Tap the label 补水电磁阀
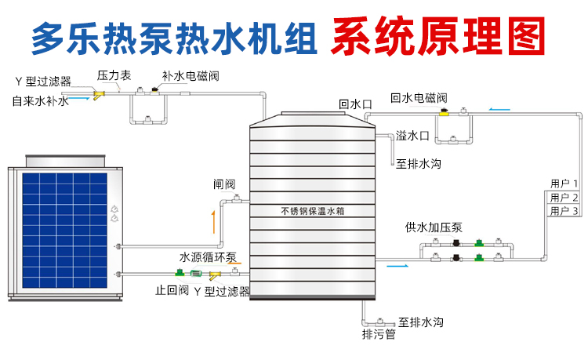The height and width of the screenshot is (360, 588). coord(189,76)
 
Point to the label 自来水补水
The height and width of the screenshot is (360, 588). coord(40,101)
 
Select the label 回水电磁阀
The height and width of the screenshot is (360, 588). coord(419,98)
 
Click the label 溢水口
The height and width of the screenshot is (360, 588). coord(412,136)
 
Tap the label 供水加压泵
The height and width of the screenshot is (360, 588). coord(434,227)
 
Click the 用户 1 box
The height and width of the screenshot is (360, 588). coord(564,184)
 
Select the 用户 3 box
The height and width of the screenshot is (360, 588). coord(564,211)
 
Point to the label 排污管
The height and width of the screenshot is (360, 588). coord(379,335)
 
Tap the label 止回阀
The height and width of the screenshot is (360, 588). coord(172,291)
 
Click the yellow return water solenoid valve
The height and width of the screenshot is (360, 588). coord(445,115)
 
